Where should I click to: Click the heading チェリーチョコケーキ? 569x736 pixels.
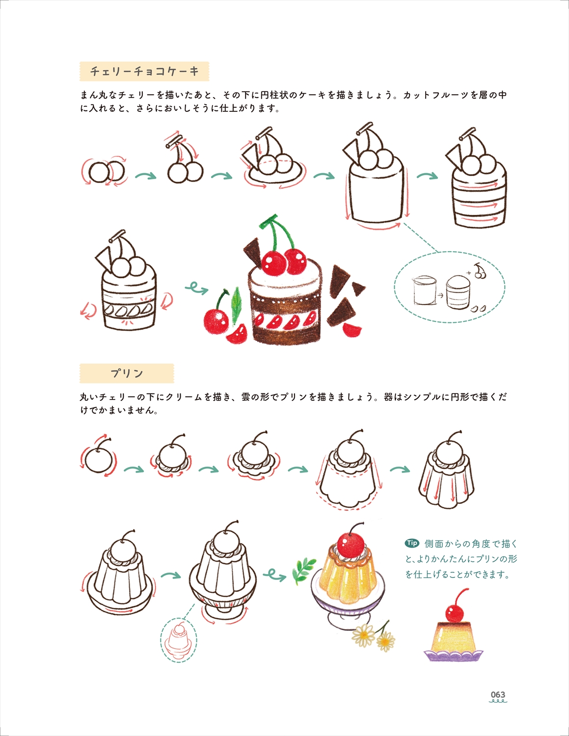(144, 72)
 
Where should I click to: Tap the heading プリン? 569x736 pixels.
(127, 373)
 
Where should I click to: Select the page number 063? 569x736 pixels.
(498, 694)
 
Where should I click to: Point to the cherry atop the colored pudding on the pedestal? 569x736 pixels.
(351, 546)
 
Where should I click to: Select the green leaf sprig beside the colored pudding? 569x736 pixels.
(304, 570)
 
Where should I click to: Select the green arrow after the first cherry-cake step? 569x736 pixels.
(146, 176)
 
